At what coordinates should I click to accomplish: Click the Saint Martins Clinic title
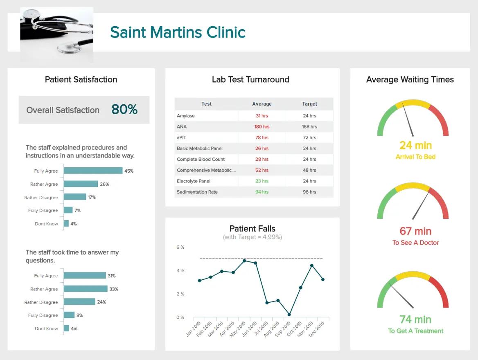tap(178, 32)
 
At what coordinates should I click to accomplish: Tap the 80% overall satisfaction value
tap(124, 110)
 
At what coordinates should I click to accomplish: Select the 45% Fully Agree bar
tap(93, 171)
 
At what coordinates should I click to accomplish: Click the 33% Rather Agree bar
tap(86, 289)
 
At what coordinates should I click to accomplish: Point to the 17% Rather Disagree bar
tap(75, 197)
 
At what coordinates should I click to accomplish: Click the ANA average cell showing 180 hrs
tap(262, 127)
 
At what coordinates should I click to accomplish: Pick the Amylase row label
tap(186, 116)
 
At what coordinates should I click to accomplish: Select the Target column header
tap(309, 104)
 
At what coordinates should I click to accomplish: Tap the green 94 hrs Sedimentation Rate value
tap(262, 192)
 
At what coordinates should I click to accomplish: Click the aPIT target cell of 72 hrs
tap(309, 137)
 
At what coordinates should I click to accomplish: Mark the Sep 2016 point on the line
tap(289, 315)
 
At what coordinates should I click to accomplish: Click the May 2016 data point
tap(244, 261)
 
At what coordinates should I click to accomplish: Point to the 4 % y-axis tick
tap(180, 270)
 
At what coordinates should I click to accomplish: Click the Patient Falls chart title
tap(252, 229)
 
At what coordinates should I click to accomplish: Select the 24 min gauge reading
tap(415, 145)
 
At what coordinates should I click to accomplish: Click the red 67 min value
tap(415, 231)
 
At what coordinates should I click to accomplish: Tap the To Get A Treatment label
tap(415, 331)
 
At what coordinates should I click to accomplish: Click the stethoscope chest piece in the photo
tap(68, 48)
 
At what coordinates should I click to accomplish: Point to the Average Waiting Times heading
tap(410, 80)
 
